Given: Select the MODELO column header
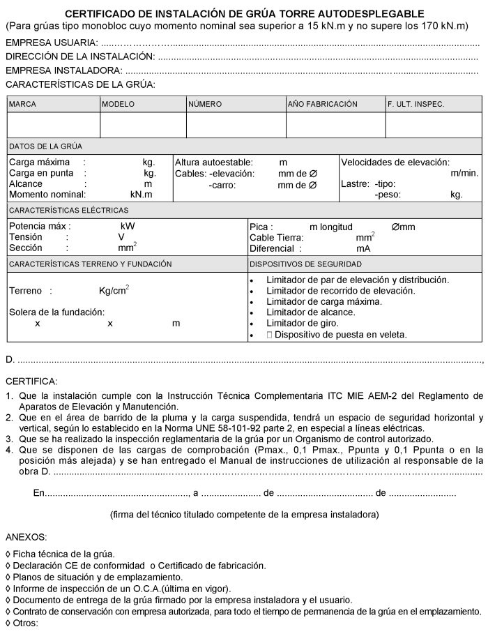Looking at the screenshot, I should [119, 104].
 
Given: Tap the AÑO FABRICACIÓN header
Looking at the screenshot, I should [323, 104].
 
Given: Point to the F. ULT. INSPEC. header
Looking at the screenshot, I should [416, 104].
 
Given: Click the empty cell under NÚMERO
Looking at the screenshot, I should [236, 125].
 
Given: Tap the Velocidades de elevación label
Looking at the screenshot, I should [395, 162].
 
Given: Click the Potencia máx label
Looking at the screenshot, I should [39, 227].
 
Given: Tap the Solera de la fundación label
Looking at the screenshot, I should [56, 312].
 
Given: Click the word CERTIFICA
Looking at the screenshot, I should [32, 381].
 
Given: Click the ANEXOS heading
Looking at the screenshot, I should [26, 538].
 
